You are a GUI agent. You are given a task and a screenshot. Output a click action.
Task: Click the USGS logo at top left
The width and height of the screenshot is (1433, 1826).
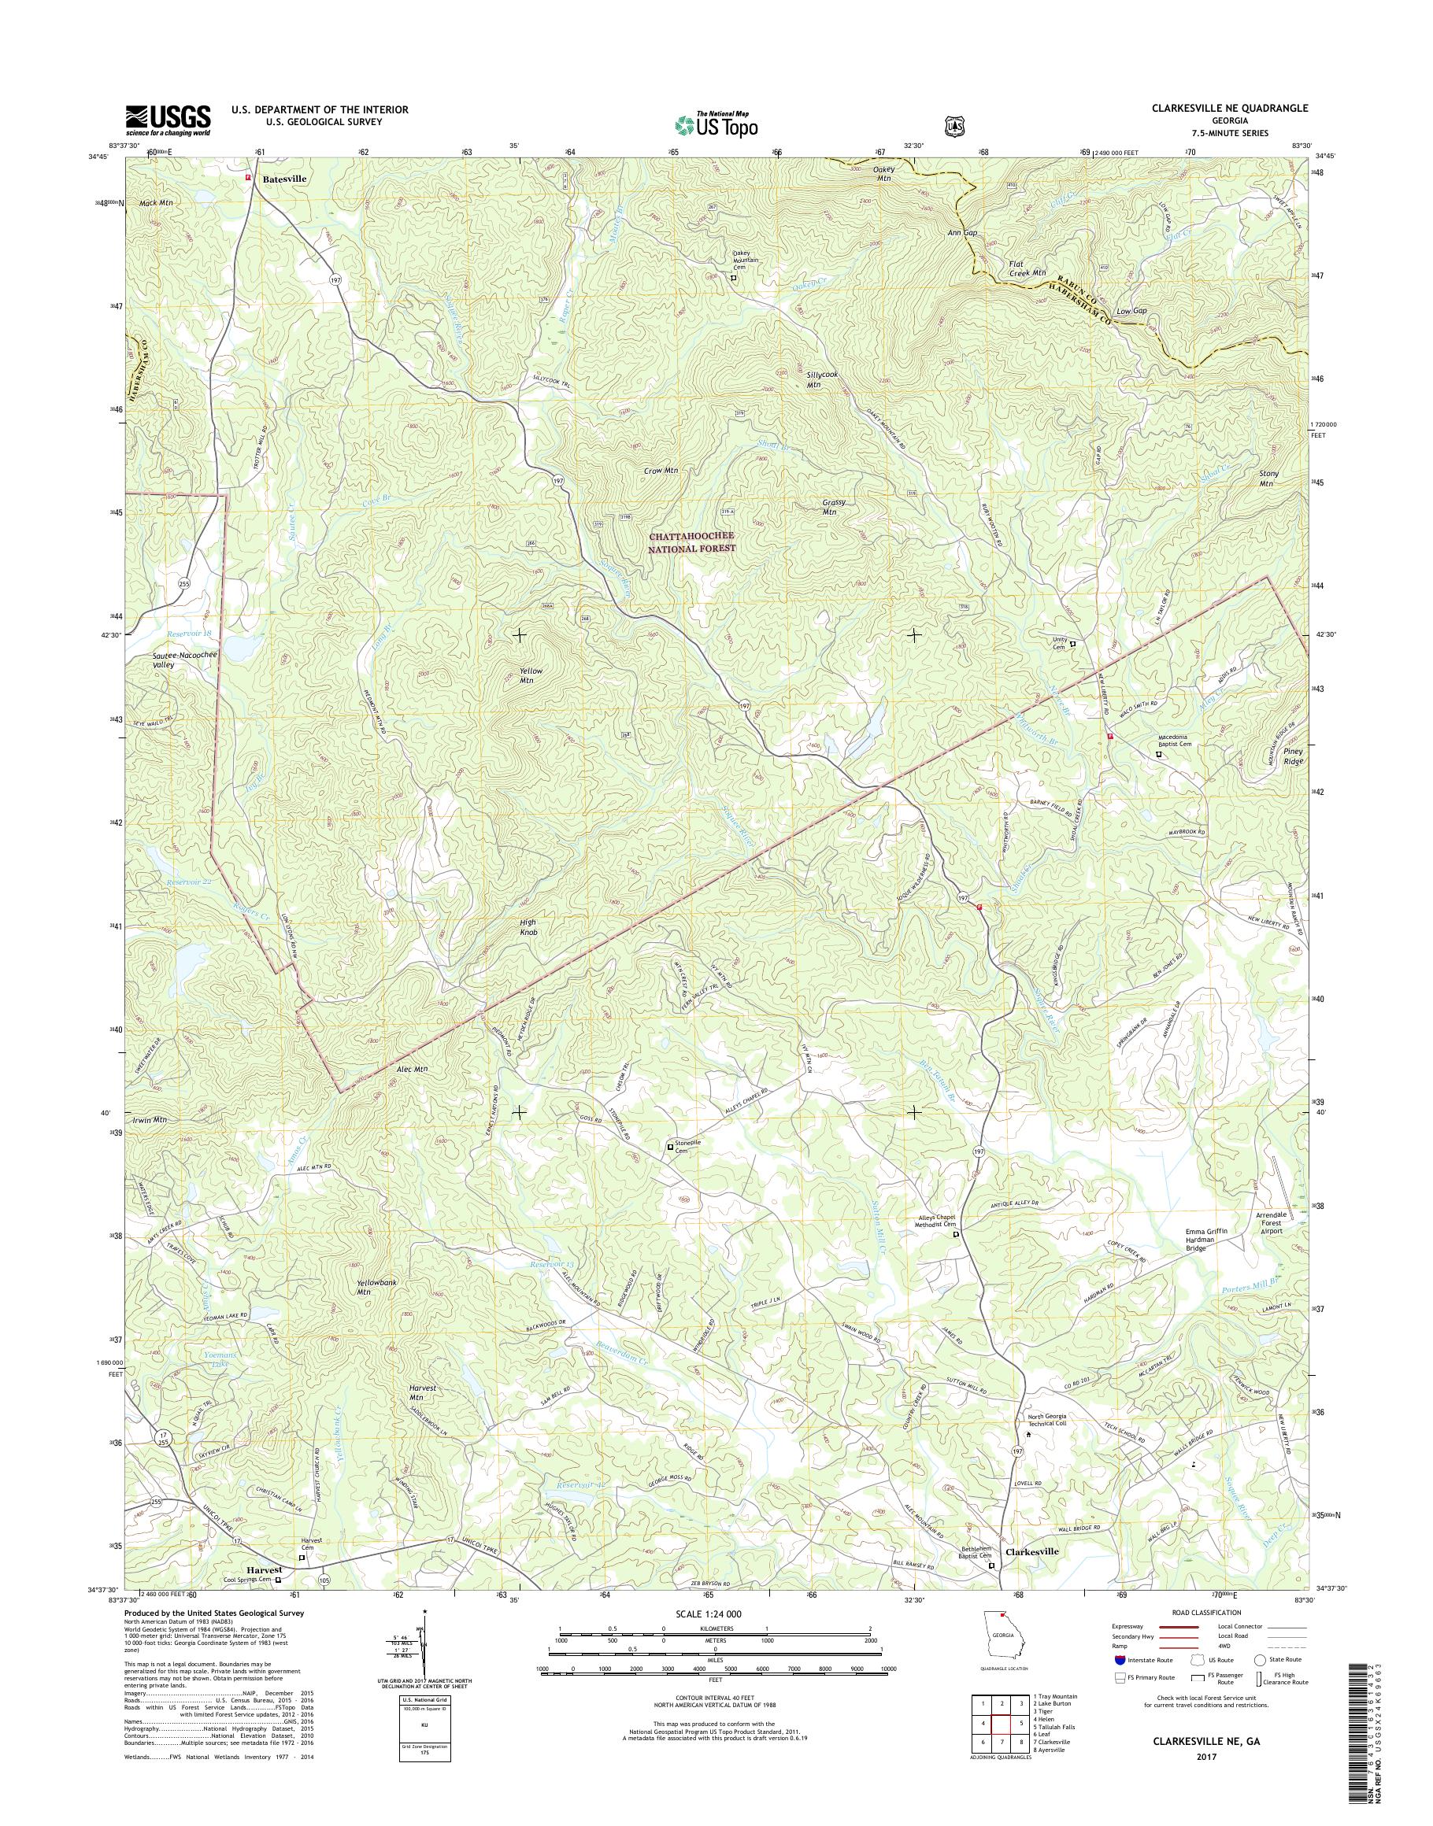click(x=168, y=120)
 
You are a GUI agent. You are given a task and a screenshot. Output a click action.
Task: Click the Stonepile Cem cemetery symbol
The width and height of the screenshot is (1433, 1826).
click(x=669, y=1146)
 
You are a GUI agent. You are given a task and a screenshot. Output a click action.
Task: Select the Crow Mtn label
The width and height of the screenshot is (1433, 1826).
click(x=661, y=471)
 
